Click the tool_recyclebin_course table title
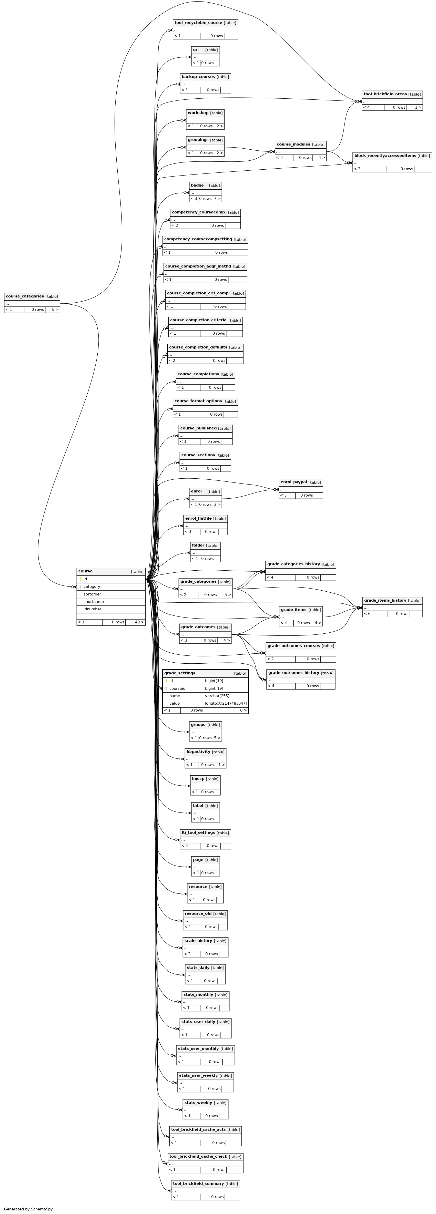click(x=198, y=23)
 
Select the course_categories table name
click(x=25, y=296)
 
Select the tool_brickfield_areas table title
click(x=385, y=94)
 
